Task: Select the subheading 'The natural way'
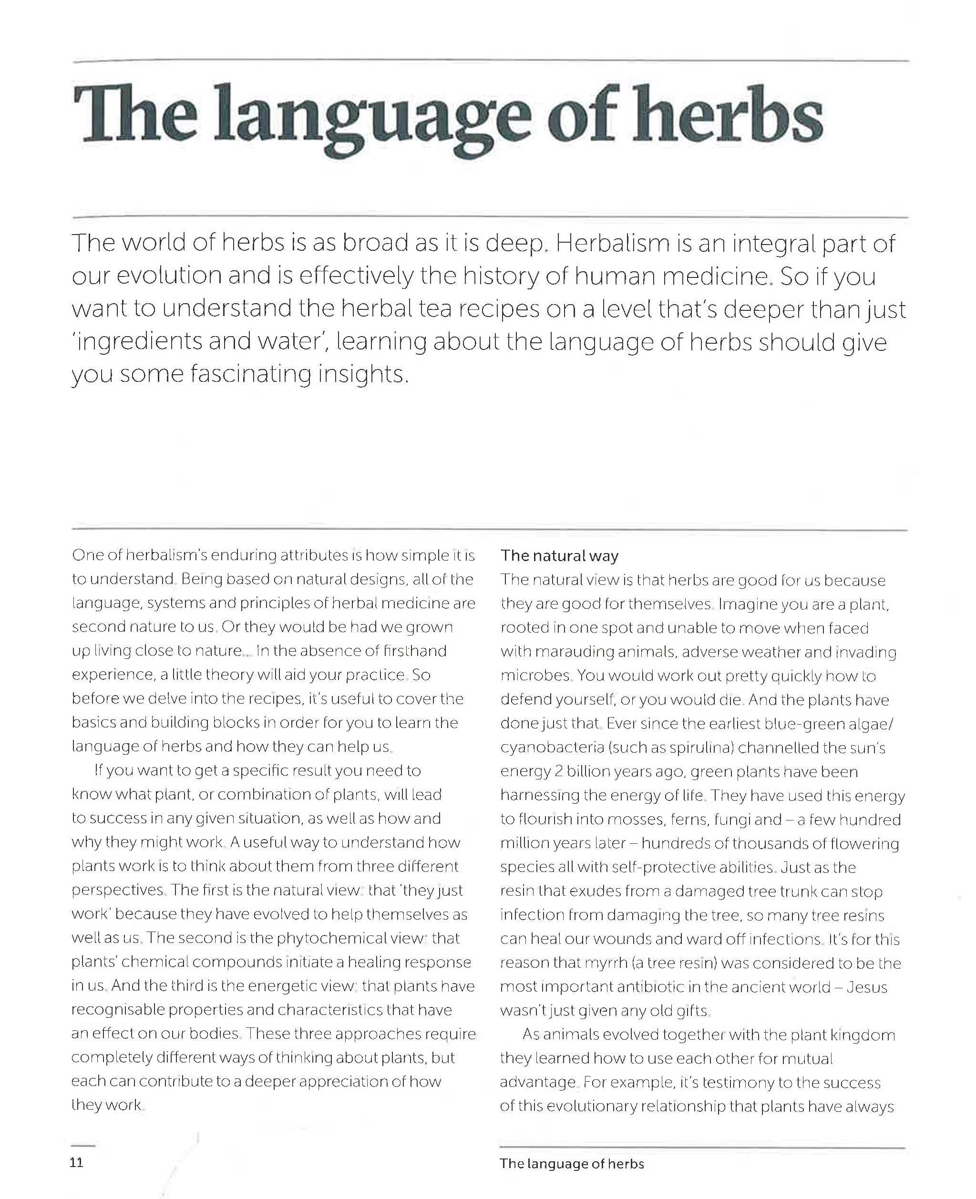[559, 556]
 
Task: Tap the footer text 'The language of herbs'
[572, 1164]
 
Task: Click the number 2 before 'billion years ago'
[558, 771]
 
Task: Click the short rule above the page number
[83, 1146]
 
